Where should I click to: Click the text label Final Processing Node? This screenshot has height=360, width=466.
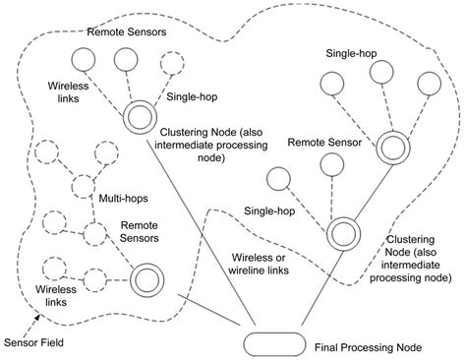(x=376, y=347)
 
